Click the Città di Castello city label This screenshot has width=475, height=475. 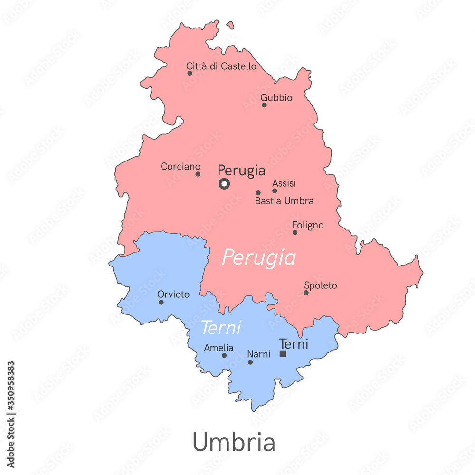(x=221, y=66)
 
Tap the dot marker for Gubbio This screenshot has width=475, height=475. (x=264, y=105)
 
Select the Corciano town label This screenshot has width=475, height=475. (x=180, y=167)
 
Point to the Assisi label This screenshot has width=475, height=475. (x=284, y=183)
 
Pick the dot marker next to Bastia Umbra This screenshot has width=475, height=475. (x=258, y=193)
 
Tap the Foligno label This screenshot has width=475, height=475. (x=308, y=225)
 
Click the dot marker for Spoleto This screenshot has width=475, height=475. (x=306, y=292)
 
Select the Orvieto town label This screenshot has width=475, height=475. (x=173, y=294)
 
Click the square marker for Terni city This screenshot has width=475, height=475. (x=283, y=354)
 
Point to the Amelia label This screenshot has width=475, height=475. (x=218, y=348)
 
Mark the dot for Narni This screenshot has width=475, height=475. (x=250, y=362)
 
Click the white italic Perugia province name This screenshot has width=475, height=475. (x=259, y=258)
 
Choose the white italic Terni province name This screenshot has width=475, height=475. (x=221, y=328)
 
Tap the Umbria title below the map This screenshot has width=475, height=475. (x=234, y=442)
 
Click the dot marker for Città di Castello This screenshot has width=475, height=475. (x=190, y=73)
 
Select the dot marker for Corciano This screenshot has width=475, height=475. (x=198, y=174)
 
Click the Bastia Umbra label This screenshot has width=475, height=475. (x=284, y=201)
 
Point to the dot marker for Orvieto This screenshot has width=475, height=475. (x=161, y=302)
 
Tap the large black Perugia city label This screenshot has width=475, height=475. (x=241, y=171)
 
